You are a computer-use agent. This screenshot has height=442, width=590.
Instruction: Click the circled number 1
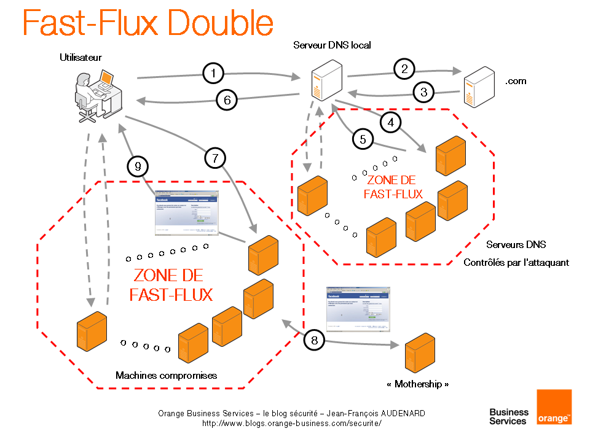[213, 74]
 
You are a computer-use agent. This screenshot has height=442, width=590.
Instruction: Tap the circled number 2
[404, 69]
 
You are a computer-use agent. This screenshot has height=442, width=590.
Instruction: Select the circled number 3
[423, 93]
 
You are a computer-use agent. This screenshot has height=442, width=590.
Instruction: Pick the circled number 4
[391, 122]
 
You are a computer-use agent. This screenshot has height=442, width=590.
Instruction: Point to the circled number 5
[363, 139]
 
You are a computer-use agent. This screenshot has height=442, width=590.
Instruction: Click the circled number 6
[227, 100]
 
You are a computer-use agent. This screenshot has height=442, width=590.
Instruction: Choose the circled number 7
[214, 158]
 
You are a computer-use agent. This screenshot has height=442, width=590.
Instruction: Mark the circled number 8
[314, 339]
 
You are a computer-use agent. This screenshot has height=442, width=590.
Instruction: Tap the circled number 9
[138, 165]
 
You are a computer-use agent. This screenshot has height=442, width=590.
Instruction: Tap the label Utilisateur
[81, 58]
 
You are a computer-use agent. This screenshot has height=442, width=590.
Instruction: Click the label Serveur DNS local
[332, 45]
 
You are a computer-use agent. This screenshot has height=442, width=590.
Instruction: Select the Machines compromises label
[166, 375]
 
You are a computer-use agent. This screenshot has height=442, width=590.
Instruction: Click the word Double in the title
[221, 23]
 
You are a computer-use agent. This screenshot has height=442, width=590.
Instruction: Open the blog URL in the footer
[292, 423]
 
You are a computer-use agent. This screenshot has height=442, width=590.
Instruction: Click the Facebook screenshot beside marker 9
[186, 215]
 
